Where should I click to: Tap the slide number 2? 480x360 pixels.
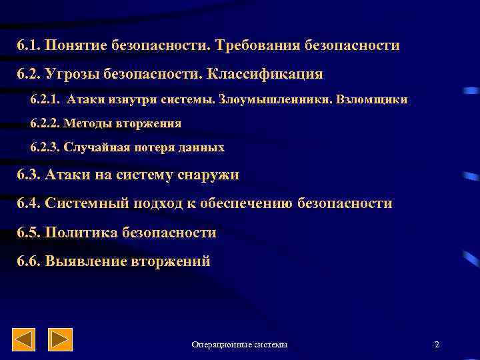coord(437,345)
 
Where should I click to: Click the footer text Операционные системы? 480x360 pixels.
coord(240,345)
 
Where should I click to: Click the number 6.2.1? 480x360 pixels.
coord(46,100)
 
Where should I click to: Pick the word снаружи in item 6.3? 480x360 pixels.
coord(207,175)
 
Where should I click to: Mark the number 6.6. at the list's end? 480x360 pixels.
coord(29,261)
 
